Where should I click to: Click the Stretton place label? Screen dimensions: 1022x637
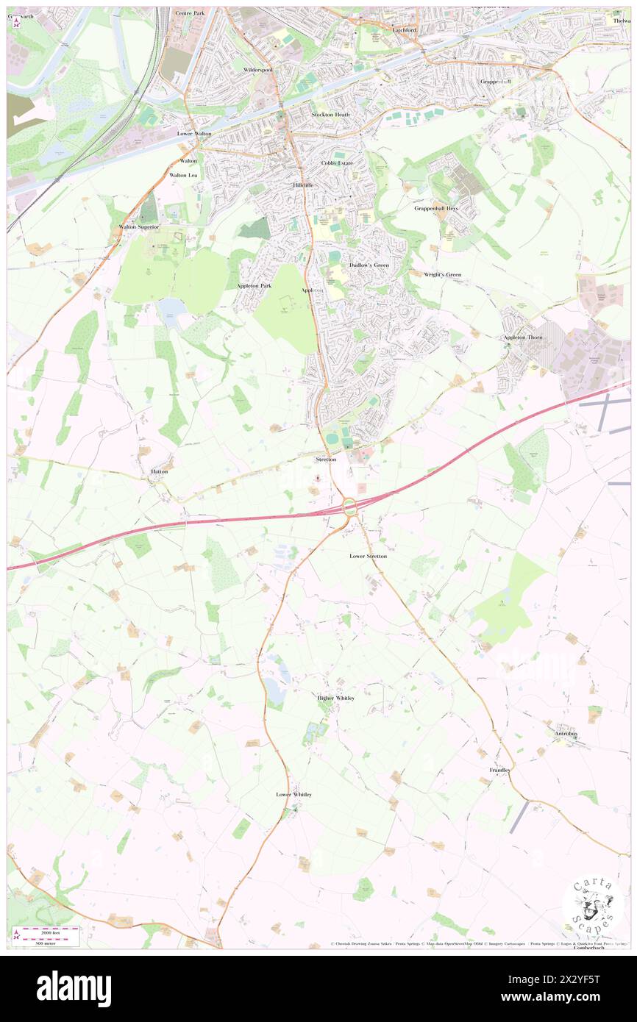pyautogui.click(x=325, y=460)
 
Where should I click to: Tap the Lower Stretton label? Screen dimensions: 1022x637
pyautogui.click(x=368, y=557)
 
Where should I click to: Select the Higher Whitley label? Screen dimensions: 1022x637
pyautogui.click(x=335, y=698)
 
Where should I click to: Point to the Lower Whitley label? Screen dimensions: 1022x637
pyautogui.click(x=293, y=795)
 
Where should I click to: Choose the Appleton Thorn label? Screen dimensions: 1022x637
pyautogui.click(x=523, y=337)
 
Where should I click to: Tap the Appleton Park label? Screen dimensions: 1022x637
pyautogui.click(x=254, y=285)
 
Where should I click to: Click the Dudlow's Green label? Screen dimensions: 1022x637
pyautogui.click(x=369, y=265)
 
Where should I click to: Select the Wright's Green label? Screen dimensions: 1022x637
pyautogui.click(x=442, y=275)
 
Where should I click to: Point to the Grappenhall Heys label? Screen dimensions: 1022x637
pyautogui.click(x=435, y=208)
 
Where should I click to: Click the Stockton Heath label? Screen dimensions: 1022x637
pyautogui.click(x=331, y=115)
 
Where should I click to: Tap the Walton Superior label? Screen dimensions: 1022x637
pyautogui.click(x=139, y=227)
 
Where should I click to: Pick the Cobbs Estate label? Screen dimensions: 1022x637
pyautogui.click(x=338, y=162)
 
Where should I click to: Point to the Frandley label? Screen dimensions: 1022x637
pyautogui.click(x=500, y=770)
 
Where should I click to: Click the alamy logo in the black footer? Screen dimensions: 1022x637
pyautogui.click(x=74, y=988)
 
